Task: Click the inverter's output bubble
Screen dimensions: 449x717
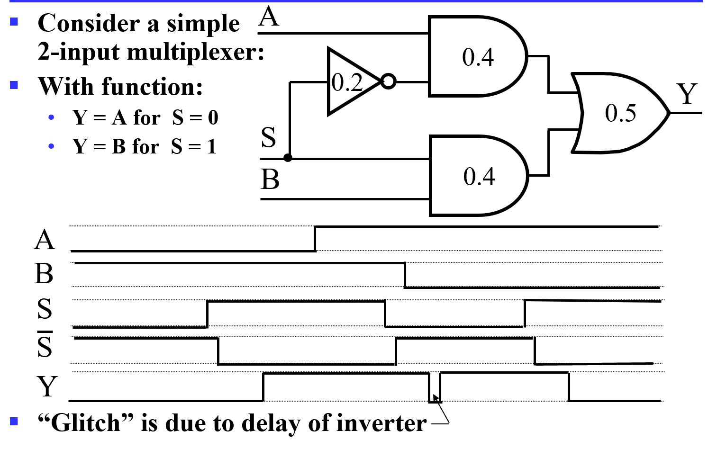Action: pos(388,81)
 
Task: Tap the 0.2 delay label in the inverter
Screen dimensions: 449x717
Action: pos(347,82)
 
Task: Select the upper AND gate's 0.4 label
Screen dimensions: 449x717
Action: pos(478,57)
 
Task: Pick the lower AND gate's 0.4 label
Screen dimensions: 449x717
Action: pos(479,177)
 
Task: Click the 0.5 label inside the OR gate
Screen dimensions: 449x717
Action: pos(620,113)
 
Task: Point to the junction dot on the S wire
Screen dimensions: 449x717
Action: pos(288,158)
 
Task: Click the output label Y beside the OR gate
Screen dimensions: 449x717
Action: pos(687,94)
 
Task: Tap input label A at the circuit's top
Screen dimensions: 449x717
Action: pos(269,17)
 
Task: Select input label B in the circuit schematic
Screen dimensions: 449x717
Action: pos(270,180)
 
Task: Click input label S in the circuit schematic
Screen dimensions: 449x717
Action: pos(268,137)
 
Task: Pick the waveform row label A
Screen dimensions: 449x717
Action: pos(45,240)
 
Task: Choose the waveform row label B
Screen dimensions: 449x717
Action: pos(44,274)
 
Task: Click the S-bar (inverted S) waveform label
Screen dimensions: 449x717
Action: pos(45,346)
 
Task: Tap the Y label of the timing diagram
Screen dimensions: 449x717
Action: pos(47,386)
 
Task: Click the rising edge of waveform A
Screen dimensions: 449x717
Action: pos(316,239)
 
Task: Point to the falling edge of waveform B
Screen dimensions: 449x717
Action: pos(405,275)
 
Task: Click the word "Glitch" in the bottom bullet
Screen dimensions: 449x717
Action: pos(85,423)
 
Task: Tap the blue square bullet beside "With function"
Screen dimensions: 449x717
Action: pos(14,85)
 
